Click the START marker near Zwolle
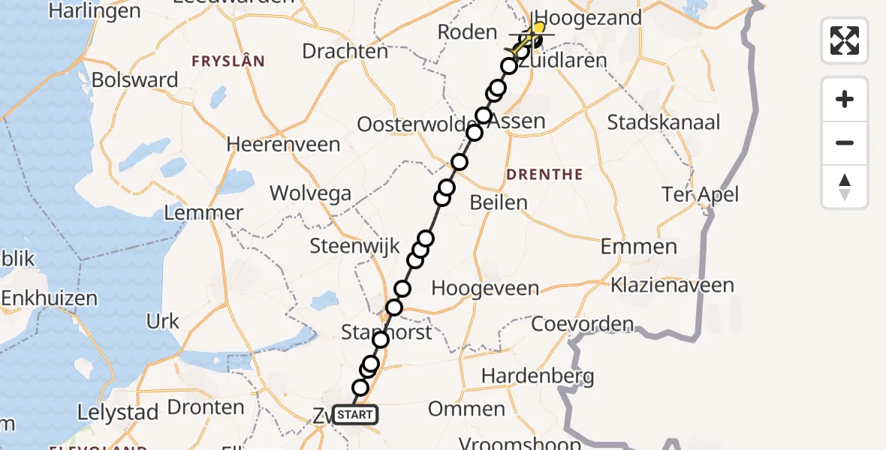click(354, 415)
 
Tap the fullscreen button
click(845, 40)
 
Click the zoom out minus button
click(845, 142)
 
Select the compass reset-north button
click(845, 187)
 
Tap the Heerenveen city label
click(283, 144)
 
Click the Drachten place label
click(345, 51)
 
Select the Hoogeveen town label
click(485, 289)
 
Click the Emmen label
click(639, 247)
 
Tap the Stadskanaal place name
click(664, 122)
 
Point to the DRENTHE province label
click(544, 175)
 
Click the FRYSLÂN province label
click(228, 61)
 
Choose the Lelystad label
click(118, 412)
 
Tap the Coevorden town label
click(583, 325)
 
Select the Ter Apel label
click(701, 195)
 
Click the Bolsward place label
click(135, 80)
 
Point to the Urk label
click(163, 322)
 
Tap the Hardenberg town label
click(538, 376)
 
